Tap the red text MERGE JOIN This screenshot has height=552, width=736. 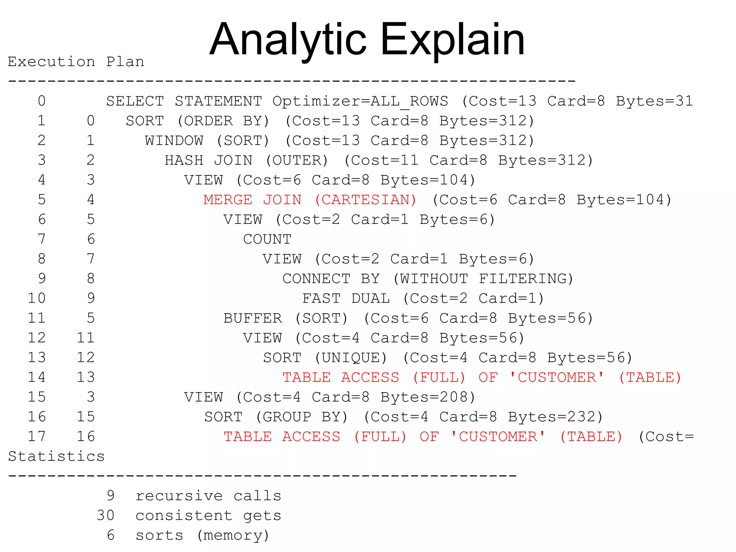252,199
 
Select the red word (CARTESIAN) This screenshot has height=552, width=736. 365,199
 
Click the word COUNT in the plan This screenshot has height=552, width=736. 267,239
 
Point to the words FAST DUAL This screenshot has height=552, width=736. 346,298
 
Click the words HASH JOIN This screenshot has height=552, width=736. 208,160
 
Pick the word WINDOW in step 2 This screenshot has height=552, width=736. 174,141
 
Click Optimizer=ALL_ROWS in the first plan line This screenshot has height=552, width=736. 360,101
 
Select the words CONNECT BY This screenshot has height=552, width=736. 331,279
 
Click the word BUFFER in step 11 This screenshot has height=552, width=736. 253,318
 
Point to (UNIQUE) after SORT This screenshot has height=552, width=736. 350,358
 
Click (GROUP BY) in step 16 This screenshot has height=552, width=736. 301,417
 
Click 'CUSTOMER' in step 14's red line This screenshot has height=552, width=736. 557,377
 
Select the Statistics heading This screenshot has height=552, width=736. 56,456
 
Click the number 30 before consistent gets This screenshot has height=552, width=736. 105,515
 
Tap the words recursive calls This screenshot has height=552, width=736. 208,496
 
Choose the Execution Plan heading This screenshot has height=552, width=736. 76,62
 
